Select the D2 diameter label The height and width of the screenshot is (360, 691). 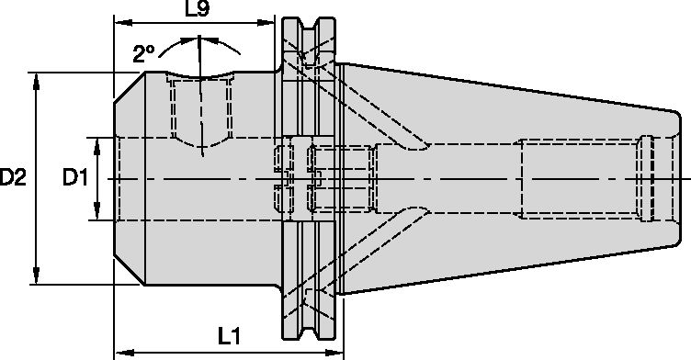point(13,177)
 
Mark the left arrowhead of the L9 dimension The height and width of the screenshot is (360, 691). point(120,20)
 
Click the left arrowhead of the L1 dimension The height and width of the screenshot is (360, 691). point(120,350)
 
